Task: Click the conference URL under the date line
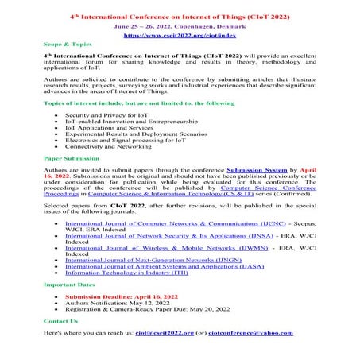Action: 180,36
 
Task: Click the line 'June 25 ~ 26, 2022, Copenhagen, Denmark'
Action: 180,25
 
